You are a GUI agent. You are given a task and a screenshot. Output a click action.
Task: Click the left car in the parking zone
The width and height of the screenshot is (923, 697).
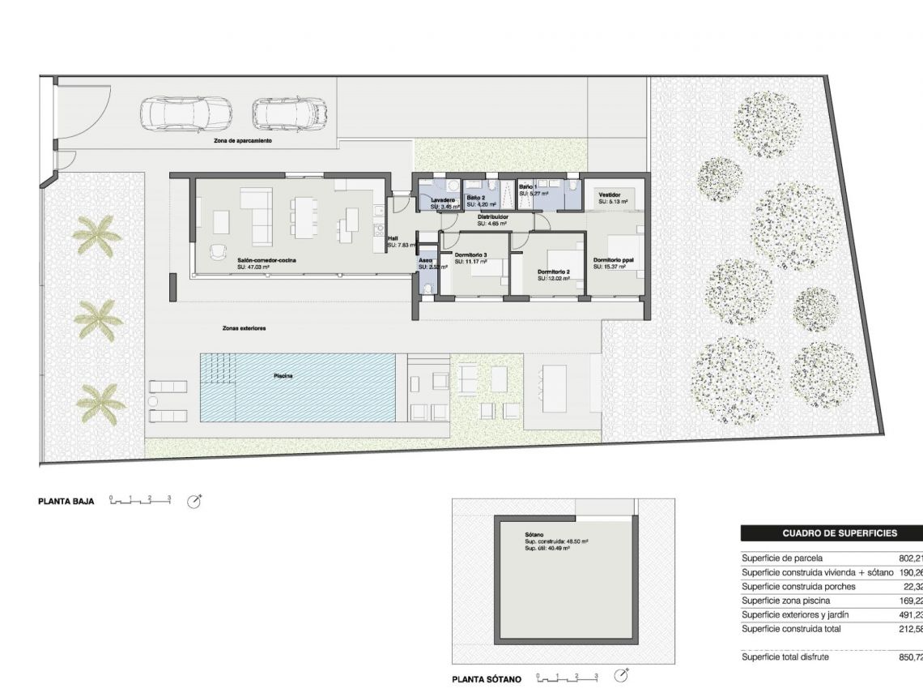(185, 113)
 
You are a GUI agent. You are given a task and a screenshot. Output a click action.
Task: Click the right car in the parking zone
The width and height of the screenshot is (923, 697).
(289, 113)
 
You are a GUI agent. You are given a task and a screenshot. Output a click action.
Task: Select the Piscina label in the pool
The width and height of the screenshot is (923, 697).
(283, 376)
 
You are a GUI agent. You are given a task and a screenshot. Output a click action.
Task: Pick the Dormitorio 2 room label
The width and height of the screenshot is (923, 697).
(555, 272)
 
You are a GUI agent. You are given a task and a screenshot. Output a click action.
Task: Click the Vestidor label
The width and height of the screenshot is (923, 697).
(610, 195)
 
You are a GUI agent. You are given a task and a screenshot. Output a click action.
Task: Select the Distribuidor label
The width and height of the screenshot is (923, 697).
(492, 217)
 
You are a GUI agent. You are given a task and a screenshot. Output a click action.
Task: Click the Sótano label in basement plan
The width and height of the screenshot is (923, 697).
(534, 535)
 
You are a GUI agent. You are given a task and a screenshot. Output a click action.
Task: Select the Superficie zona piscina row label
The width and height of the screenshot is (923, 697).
(787, 601)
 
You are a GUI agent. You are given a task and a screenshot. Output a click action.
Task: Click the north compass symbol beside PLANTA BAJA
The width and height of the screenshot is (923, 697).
(194, 501)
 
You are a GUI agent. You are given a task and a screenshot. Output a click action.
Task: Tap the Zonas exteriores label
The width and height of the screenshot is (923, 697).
(245, 328)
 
